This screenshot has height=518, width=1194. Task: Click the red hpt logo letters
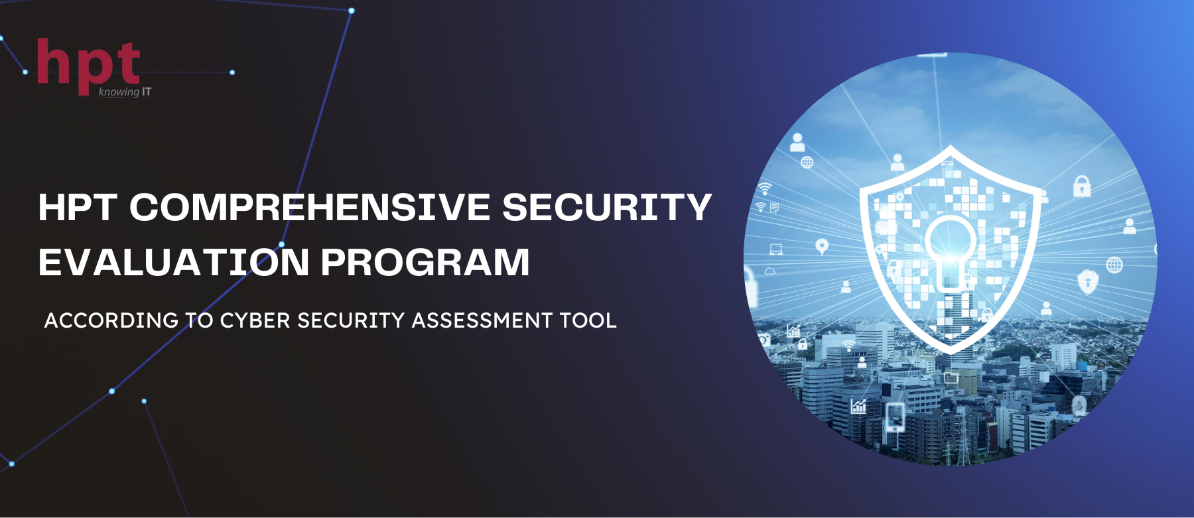coord(88,64)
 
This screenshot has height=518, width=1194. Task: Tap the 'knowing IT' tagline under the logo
coord(125,92)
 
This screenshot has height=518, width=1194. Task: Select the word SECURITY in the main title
coord(607,207)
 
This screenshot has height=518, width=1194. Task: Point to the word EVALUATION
coord(174,262)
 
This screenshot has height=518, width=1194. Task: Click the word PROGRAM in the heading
coord(425,262)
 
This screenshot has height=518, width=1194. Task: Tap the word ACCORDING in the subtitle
coord(111,320)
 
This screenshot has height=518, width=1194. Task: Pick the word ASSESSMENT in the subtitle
coord(482,320)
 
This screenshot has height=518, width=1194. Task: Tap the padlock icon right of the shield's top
coord(1082,186)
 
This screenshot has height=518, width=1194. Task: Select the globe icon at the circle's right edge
coord(1114,265)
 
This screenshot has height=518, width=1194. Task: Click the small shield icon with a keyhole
coord(1088,281)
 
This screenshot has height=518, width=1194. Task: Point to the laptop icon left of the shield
coord(775,250)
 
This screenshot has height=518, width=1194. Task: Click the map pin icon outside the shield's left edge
coord(822,247)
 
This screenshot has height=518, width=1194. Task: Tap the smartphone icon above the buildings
coord(895,417)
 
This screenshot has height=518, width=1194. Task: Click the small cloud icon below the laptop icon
coord(770,271)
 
